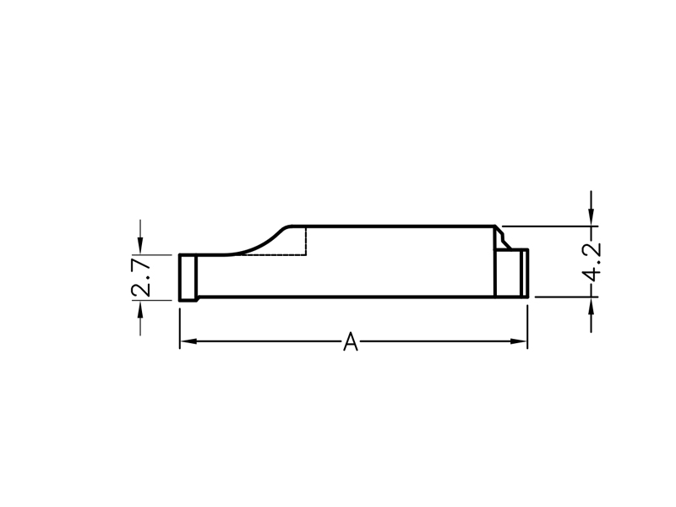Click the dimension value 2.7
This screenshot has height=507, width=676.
point(141,278)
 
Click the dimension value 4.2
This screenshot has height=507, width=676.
point(591,262)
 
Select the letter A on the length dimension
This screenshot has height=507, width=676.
point(351,341)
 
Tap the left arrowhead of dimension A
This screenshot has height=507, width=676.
point(188,341)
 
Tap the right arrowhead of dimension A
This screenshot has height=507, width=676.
point(519,341)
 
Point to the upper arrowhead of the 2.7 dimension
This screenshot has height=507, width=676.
point(140,247)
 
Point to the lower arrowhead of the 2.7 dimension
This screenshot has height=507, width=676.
point(140,308)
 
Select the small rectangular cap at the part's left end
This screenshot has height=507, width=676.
point(188,278)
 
